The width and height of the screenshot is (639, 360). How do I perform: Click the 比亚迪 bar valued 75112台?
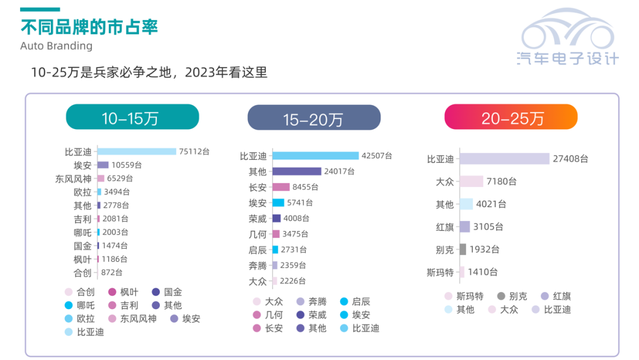[x=137, y=152]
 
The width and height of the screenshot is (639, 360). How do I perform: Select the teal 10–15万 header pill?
[x=132, y=117]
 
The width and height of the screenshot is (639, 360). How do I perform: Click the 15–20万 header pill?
[x=314, y=118]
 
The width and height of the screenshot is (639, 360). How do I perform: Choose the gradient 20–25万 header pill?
[x=511, y=117]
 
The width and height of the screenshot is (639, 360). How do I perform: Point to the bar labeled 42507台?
[x=315, y=156]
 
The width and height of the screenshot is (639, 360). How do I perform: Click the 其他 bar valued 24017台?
[x=296, y=172]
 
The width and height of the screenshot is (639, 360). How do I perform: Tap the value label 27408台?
[x=571, y=159]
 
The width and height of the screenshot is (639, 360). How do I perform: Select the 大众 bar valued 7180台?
[x=472, y=182]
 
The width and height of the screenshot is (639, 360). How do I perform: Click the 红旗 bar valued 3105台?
[x=464, y=227]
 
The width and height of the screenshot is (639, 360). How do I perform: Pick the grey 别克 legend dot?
[x=502, y=296]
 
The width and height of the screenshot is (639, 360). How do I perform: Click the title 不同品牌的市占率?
[x=89, y=27]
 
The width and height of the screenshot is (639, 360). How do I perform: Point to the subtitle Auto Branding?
[x=56, y=46]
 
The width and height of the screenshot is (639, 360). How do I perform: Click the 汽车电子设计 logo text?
[x=567, y=58]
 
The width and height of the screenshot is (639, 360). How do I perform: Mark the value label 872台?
[x=112, y=272]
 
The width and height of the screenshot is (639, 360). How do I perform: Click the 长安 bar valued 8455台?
[x=281, y=187]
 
